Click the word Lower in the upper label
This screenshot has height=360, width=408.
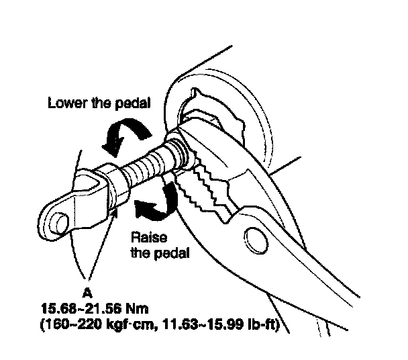click(x=65, y=104)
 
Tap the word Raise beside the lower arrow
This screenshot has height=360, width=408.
click(x=145, y=238)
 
